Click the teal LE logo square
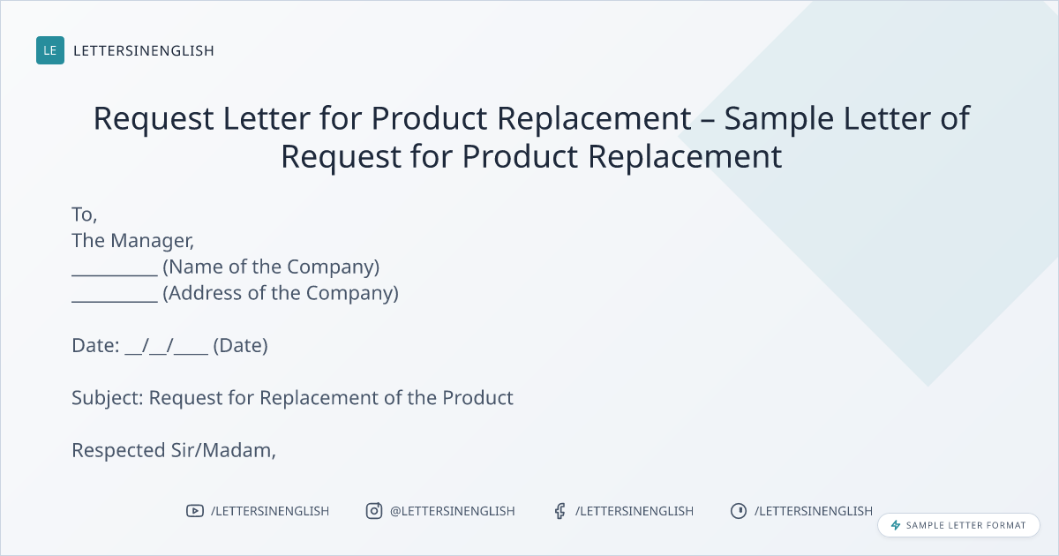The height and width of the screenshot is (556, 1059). tap(50, 50)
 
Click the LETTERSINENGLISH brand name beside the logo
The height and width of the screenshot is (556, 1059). tap(144, 50)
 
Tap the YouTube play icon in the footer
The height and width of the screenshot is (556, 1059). tap(195, 511)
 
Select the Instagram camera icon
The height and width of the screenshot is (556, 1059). tap(374, 511)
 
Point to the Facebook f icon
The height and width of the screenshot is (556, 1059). tap(560, 511)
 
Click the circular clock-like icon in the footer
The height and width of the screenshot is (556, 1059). tap(739, 511)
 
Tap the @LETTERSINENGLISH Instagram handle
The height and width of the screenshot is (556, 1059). tap(453, 511)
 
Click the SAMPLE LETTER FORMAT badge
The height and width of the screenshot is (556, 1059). tap(958, 525)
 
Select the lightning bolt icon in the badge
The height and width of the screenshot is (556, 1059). tap(896, 525)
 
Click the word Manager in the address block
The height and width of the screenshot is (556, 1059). tap(152, 241)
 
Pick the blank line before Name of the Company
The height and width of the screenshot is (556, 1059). tap(115, 275)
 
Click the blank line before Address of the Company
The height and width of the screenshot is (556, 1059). tap(115, 301)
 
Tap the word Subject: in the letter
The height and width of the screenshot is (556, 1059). tap(108, 398)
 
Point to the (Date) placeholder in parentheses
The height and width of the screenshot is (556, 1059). tap(241, 346)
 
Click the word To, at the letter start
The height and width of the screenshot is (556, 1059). tap(84, 214)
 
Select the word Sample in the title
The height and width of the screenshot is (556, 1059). tap(779, 118)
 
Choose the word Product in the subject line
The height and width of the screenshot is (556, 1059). tap(477, 398)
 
